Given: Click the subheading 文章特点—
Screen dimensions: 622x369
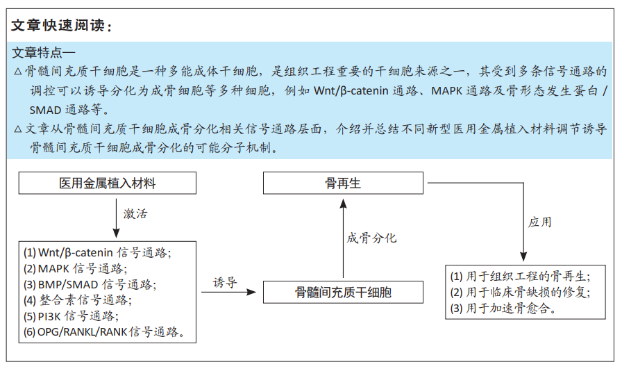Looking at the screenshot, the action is [44, 52].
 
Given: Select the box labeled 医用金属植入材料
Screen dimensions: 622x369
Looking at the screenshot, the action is [108, 183].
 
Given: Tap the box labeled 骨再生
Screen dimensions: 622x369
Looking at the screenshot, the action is [343, 183].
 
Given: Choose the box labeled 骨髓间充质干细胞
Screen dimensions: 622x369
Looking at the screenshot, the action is [343, 293].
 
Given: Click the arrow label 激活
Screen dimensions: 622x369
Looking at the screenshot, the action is [135, 214].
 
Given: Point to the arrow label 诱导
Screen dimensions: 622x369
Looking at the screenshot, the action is [225, 282].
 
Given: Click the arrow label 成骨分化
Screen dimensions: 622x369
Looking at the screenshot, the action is [371, 238].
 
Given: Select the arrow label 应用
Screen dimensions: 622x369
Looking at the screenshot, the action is [540, 222].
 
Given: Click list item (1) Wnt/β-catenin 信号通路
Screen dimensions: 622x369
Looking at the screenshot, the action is [97, 253].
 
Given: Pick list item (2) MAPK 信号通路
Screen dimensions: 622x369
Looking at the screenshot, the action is [76, 269].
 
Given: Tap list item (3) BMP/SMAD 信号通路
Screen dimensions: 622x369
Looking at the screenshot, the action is [90, 285].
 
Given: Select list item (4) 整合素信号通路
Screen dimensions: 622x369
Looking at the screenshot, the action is [78, 300].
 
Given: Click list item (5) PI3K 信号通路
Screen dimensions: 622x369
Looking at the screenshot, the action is [71, 316].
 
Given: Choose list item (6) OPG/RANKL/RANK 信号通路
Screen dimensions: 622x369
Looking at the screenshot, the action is [105, 331].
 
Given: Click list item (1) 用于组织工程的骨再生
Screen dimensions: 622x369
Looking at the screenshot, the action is [520, 277].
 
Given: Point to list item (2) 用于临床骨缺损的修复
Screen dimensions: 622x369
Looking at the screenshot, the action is [520, 293].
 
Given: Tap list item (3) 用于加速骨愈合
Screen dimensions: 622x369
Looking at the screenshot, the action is [503, 309].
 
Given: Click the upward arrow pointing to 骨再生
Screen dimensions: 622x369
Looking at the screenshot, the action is [343, 238].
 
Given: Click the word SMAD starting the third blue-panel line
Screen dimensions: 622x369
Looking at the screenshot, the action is [46, 110].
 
